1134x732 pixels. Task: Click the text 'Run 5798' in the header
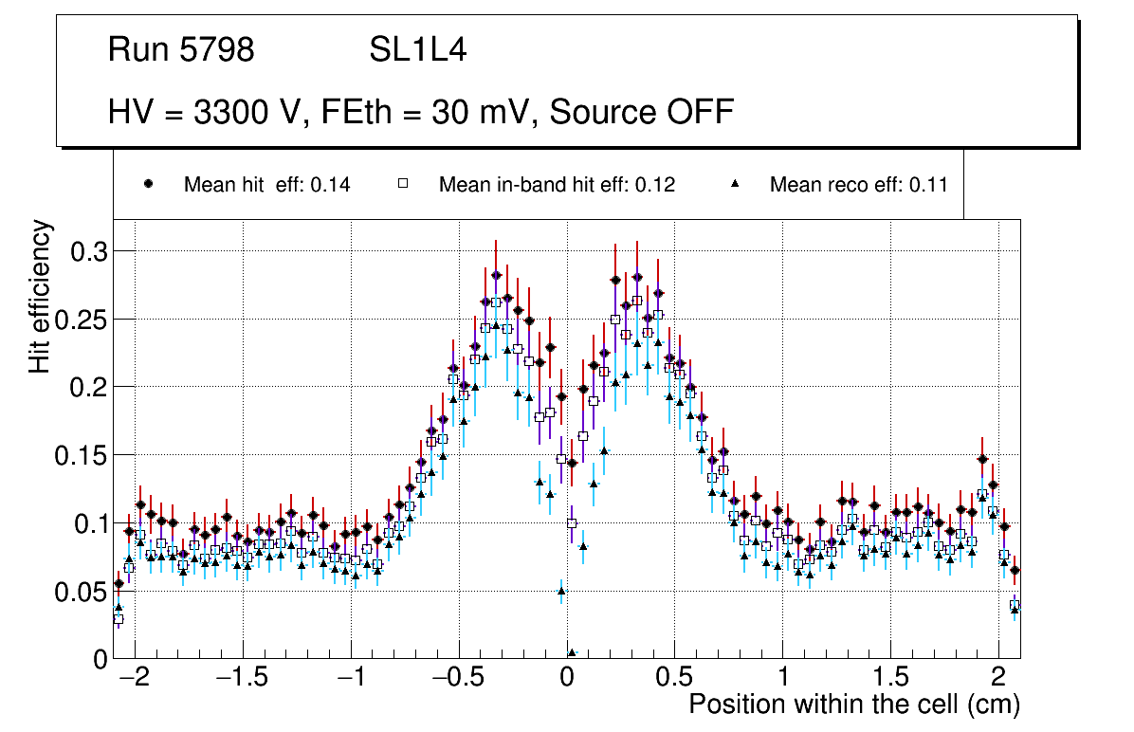[181, 50]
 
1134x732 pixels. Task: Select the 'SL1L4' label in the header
[417, 50]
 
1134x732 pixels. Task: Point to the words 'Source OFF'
[642, 113]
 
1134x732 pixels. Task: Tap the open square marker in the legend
[402, 185]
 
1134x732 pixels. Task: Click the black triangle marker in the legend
[736, 185]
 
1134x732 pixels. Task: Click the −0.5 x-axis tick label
[459, 679]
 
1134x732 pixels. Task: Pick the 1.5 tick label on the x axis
[890, 679]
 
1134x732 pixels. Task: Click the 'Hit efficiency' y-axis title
[41, 297]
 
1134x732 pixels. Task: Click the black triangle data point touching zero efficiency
[572, 652]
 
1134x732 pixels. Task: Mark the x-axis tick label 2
[997, 679]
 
